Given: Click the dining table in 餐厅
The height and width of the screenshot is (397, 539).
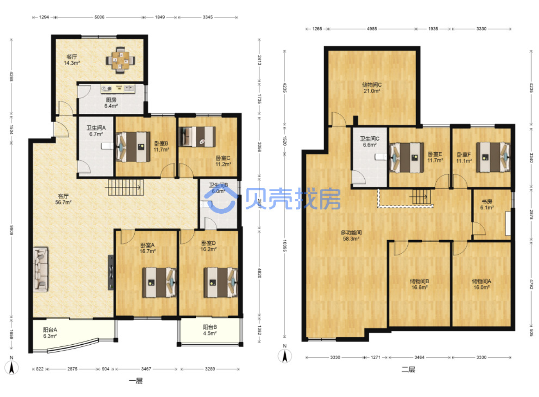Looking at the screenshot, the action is click(x=120, y=60).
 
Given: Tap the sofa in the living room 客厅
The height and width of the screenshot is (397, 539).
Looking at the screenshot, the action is click(x=40, y=269).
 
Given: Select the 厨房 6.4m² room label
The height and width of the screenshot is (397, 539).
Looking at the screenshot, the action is click(x=111, y=103).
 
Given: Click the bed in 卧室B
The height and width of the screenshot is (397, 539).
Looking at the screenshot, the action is click(x=133, y=146).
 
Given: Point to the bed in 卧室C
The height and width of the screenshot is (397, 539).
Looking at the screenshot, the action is click(x=198, y=137).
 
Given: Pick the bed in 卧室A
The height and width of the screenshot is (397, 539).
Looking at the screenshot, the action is click(x=159, y=282).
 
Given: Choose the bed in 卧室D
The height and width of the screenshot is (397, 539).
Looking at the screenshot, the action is click(x=221, y=282).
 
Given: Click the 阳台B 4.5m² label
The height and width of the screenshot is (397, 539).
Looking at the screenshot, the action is click(x=210, y=330).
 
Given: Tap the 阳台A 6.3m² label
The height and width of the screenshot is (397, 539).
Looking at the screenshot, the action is click(x=50, y=333).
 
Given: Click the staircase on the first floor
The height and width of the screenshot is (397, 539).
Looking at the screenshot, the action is click(x=126, y=187).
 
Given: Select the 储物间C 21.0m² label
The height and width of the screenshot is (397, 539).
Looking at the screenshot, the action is click(x=372, y=88).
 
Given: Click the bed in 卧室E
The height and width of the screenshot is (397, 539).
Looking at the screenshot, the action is click(x=406, y=158).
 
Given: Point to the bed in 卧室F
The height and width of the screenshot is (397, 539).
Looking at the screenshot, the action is click(x=493, y=157).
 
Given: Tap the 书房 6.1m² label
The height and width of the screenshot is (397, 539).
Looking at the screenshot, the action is click(x=487, y=204).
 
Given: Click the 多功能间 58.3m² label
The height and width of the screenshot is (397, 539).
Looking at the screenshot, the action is click(x=351, y=236).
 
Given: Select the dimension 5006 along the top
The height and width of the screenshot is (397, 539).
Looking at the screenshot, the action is click(x=99, y=17).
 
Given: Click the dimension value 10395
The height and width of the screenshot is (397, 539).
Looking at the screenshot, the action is click(x=284, y=246).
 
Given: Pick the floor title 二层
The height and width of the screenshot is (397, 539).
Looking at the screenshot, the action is click(x=408, y=369).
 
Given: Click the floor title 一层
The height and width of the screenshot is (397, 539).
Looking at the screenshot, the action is click(x=136, y=381).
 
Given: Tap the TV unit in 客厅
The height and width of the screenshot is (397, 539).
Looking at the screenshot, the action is click(x=111, y=272).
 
